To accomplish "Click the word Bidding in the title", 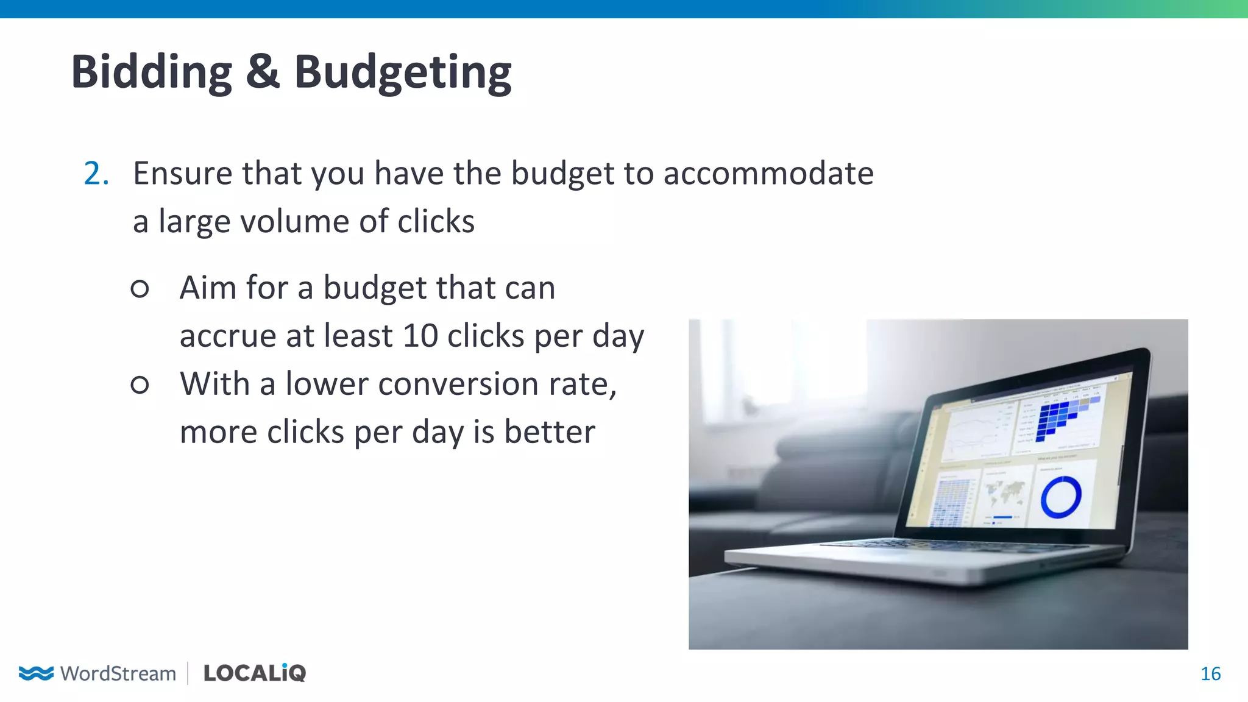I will coord(151,72).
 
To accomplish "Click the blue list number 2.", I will coord(96,174).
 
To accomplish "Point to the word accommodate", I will coord(768,174).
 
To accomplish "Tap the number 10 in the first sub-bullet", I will coord(420,336).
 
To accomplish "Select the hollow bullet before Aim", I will coord(140,288).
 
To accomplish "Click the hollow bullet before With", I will coord(140,385).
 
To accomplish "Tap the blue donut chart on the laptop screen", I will coord(1060,497).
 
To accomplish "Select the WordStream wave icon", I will coord(36,673).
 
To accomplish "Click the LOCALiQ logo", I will coord(255,673).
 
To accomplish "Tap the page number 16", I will coord(1210,674).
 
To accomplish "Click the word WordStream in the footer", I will coord(118,674).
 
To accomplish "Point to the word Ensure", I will coord(183,174).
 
